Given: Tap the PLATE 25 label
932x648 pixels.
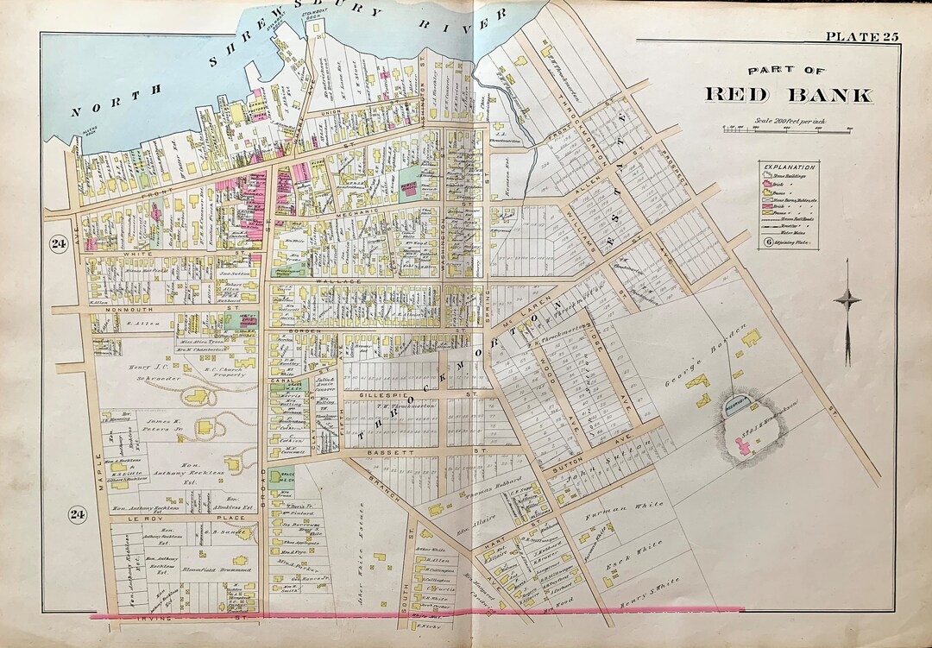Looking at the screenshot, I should (x=862, y=36).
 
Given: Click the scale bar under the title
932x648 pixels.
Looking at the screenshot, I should (x=787, y=129).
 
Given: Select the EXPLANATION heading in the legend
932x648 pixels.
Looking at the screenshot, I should (x=788, y=166).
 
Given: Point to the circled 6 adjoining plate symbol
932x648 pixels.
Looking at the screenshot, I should (x=767, y=242).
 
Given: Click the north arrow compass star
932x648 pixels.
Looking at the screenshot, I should (x=847, y=300).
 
